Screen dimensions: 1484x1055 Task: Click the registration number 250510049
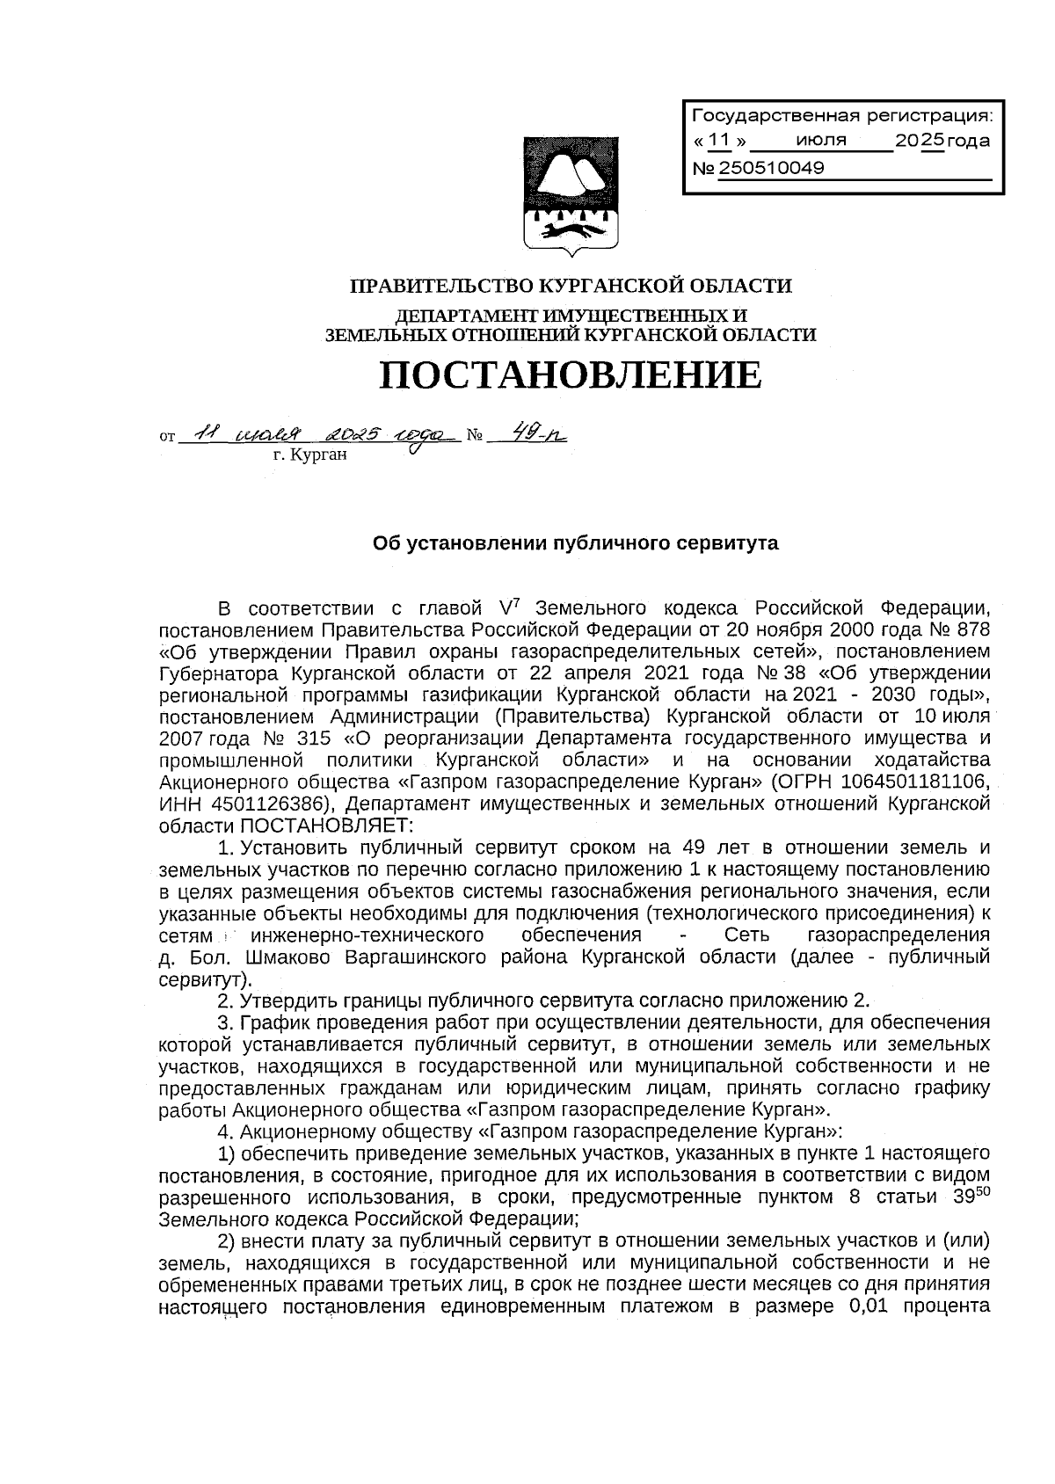pos(771,168)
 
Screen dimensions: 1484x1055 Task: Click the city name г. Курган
pos(310,455)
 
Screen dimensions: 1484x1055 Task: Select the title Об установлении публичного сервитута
pos(576,543)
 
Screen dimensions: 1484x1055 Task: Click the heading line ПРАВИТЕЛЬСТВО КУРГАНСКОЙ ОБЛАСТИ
pos(571,286)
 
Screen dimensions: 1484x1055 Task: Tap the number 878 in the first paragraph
pos(970,629)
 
